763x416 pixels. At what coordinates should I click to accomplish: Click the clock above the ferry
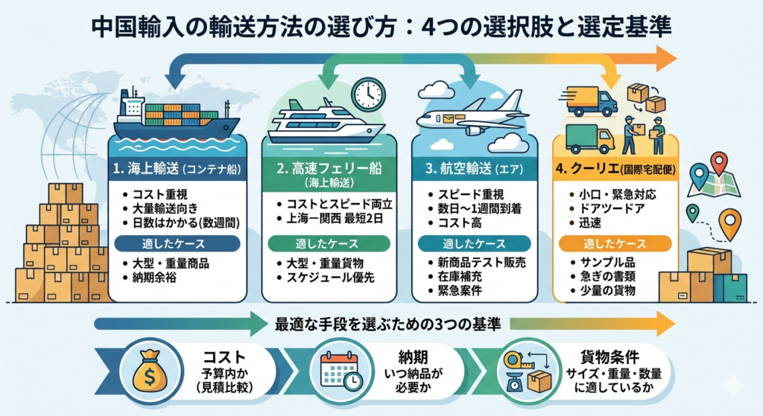tap(367, 95)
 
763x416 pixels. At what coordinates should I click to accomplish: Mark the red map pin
tap(719, 161)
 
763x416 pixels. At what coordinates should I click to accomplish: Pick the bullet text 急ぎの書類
tap(611, 277)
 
